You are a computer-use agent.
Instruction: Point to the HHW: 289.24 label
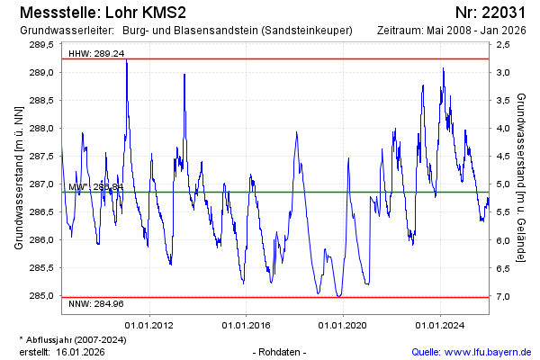point(96,53)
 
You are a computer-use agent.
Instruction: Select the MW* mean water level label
point(94,187)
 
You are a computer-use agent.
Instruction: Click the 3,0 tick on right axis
point(503,72)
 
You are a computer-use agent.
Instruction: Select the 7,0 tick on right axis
point(503,296)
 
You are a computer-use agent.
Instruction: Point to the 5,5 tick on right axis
point(503,212)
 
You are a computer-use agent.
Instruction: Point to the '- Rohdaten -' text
point(281,351)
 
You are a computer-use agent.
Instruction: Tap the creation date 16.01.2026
point(80,351)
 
